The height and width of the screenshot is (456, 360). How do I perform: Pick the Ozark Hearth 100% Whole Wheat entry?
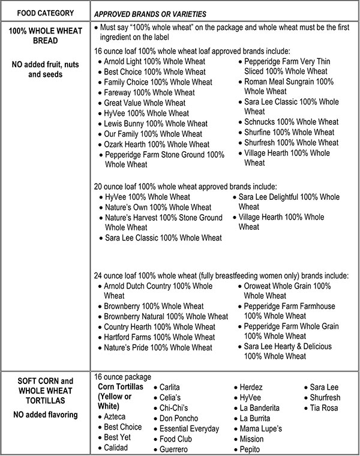[x=157, y=144]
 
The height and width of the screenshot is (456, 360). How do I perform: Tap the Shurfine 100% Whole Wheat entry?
[x=289, y=132]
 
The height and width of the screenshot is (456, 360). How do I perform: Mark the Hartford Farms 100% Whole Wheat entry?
[x=160, y=337]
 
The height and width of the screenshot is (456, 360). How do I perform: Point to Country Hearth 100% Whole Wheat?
[x=160, y=327]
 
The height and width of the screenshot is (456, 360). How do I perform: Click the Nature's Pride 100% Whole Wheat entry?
[x=158, y=347]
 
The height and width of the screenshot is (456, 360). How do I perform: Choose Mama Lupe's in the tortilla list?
[x=261, y=428]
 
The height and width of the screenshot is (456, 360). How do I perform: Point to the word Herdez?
[x=251, y=388]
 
